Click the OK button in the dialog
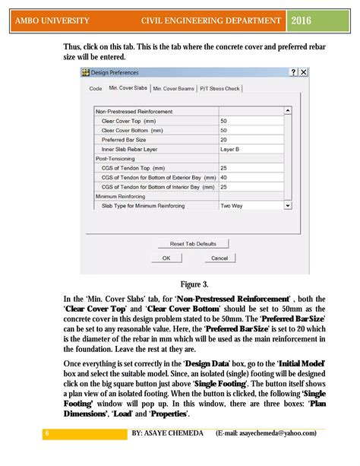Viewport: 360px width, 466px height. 166,258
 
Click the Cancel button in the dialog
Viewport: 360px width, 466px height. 219,258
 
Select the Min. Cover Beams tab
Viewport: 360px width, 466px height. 172,89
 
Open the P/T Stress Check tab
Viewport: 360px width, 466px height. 219,89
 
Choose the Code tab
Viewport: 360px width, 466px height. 95,89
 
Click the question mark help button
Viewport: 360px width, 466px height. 292,71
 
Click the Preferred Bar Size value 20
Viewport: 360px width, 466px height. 224,139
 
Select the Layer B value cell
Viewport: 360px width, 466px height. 229,149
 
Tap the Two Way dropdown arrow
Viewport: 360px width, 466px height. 287,205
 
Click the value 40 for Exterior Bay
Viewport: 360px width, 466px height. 224,177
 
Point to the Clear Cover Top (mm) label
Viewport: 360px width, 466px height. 132,121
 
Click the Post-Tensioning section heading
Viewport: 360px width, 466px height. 113,158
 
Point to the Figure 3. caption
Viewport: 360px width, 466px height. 195,284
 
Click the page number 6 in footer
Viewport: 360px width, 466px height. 47,433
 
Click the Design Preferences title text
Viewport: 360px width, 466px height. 116,72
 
